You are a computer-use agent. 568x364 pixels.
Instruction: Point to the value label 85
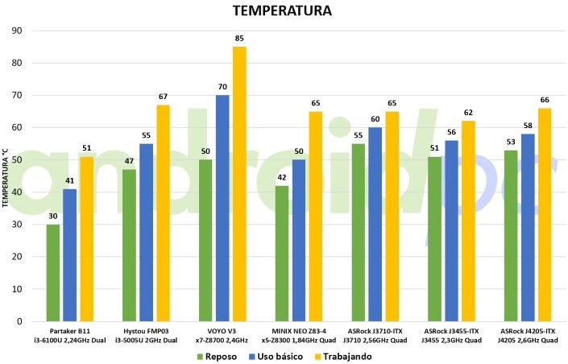click(239, 39)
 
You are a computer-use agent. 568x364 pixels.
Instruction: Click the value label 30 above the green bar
click(53, 216)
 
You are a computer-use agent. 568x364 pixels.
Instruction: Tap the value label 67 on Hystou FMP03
click(163, 97)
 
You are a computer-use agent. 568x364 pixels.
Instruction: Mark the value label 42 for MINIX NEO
click(281, 177)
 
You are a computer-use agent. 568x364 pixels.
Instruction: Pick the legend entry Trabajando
click(346, 356)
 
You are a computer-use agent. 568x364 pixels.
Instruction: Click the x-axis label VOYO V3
click(222, 329)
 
